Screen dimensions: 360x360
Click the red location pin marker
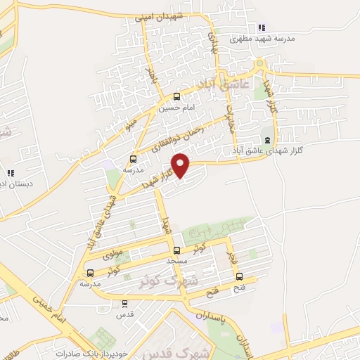click(181, 165)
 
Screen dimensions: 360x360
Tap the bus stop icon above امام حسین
click(176, 97)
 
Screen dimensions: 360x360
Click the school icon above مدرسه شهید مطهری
click(262, 27)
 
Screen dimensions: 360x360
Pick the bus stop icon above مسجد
click(176, 250)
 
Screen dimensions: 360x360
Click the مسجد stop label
click(176, 260)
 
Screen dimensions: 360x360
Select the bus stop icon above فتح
click(240, 276)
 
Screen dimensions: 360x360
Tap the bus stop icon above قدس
click(125, 304)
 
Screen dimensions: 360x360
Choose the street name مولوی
click(112, 252)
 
